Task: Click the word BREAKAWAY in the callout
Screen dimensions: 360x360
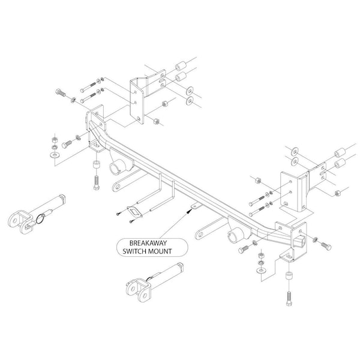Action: (x=148, y=243)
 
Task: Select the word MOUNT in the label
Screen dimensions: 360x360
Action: (x=160, y=251)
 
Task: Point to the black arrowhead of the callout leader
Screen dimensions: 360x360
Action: (x=189, y=211)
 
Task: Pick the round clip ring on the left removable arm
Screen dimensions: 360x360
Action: (x=40, y=219)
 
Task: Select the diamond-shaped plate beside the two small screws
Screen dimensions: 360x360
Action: (x=135, y=212)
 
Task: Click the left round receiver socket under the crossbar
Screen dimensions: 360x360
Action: (x=116, y=169)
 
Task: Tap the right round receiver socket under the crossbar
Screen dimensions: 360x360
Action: (x=235, y=235)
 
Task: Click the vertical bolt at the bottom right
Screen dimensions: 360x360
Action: (x=289, y=298)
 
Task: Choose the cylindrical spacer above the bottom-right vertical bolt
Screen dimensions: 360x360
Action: (x=289, y=275)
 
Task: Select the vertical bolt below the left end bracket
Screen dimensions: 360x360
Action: (x=97, y=182)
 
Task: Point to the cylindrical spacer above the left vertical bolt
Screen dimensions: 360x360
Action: (x=97, y=164)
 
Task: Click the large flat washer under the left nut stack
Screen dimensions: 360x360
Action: (x=55, y=155)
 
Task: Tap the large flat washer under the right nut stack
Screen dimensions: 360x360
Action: (x=261, y=271)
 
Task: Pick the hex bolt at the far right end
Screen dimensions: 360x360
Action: (x=326, y=246)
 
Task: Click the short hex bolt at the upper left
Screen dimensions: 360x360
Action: (x=61, y=92)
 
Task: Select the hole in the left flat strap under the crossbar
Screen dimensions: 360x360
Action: (x=118, y=186)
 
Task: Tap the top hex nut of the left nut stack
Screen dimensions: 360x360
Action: (x=55, y=139)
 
